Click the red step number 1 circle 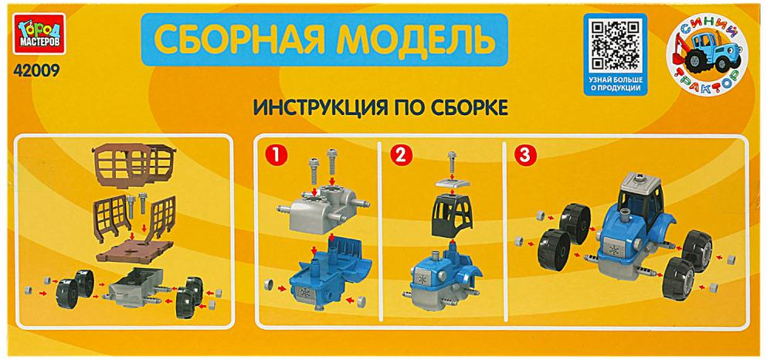[x=276, y=155]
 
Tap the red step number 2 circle [x=402, y=155]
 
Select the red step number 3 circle [x=523, y=155]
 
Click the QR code [x=615, y=46]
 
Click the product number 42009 [x=34, y=70]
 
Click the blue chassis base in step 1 [x=329, y=271]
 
